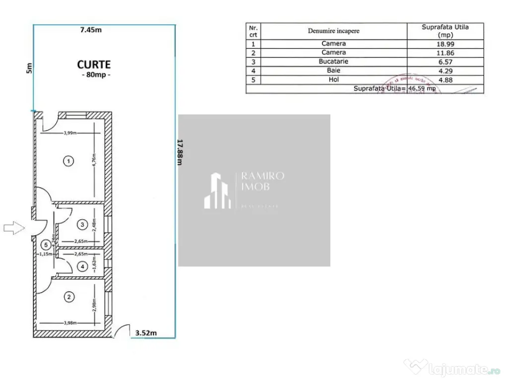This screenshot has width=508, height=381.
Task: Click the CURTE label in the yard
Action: coord(94,64)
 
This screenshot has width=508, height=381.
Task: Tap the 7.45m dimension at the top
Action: coord(91,29)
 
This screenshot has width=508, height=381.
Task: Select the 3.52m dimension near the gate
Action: coord(146,333)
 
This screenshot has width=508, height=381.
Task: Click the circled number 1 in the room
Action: coord(69,161)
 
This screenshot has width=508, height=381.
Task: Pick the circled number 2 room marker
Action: coord(69,297)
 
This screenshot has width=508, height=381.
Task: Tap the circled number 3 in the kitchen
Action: coord(82,225)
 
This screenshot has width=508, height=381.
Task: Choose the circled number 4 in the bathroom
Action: coord(82,266)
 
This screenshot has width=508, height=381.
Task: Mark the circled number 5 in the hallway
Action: coord(46,244)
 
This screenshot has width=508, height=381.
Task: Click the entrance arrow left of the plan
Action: coord(13,228)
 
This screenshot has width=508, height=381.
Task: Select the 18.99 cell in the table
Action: coord(445,44)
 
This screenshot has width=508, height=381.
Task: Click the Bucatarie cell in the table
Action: coord(333,62)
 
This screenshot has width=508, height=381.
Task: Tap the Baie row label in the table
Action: coord(333,70)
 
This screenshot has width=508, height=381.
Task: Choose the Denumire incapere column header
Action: coord(333,31)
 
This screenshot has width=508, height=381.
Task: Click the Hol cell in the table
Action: coord(333,79)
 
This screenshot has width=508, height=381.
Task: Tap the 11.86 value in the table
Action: coord(445,53)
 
